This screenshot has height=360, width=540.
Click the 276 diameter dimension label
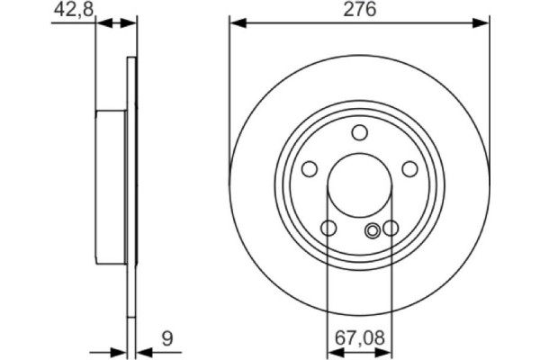pyautogui.click(x=360, y=10)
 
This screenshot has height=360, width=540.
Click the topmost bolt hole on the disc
pyautogui.click(x=360, y=134)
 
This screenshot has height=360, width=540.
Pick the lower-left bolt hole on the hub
pyautogui.click(x=329, y=229)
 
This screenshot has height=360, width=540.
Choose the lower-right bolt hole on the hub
pyautogui.click(x=391, y=229)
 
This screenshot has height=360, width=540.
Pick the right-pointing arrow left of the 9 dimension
pyautogui.click(x=117, y=352)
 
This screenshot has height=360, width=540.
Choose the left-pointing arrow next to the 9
pyautogui.click(x=144, y=352)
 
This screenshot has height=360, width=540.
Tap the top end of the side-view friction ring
pyautogui.click(x=133, y=61)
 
